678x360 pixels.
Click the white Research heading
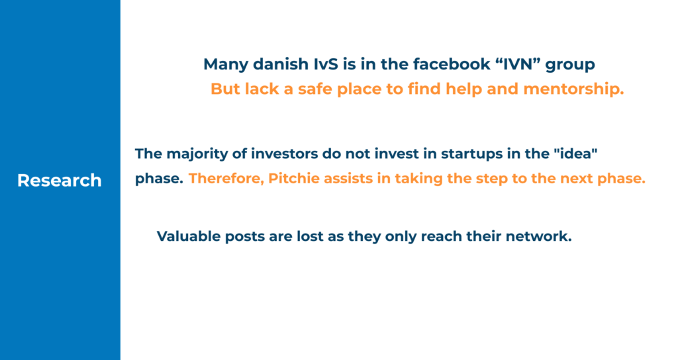tap(59, 181)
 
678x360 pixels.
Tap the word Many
tap(226, 65)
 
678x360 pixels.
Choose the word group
tap(570, 66)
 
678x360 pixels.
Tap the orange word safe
tap(315, 89)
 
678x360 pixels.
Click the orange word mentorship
tap(574, 89)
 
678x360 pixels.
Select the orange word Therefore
tap(226, 179)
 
